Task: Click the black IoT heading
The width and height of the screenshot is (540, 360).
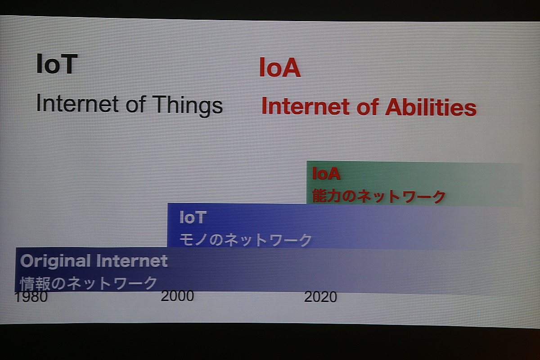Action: (x=57, y=63)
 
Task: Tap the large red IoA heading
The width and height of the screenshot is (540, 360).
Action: (x=280, y=68)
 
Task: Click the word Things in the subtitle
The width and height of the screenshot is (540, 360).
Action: (x=187, y=105)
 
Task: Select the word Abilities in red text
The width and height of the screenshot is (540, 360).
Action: (x=431, y=107)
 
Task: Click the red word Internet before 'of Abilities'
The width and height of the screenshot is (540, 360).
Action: (x=306, y=106)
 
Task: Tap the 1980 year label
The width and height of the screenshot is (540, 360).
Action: (x=31, y=297)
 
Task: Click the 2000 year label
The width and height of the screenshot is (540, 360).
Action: (x=177, y=296)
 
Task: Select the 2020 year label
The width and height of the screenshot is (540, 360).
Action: (x=320, y=297)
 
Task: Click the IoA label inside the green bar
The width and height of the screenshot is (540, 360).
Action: (x=326, y=173)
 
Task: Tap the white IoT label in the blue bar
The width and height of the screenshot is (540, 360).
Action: (x=193, y=217)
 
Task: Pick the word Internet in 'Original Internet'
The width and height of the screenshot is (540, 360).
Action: (x=131, y=261)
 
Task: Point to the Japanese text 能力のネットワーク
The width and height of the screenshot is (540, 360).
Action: (x=379, y=196)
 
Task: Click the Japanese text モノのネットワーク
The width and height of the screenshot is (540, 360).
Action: (x=246, y=240)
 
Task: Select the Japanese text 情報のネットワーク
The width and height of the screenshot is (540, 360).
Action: (x=89, y=283)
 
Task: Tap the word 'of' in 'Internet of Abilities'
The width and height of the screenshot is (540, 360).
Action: (x=367, y=107)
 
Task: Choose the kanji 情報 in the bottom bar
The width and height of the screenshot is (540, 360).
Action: (x=35, y=283)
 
